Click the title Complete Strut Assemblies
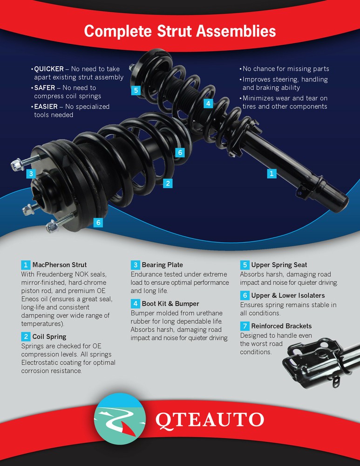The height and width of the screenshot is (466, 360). click(180, 31)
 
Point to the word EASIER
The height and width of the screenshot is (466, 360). click(46, 106)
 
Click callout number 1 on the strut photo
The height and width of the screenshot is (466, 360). click(272, 173)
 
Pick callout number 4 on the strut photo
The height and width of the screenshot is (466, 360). click(208, 103)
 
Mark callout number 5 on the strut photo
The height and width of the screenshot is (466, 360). click(136, 90)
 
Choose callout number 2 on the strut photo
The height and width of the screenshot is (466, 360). click(168, 183)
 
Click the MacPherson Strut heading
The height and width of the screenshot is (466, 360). click(59, 265)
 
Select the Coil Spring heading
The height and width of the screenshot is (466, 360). click(49, 336)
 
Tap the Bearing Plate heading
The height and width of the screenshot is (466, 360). click(162, 265)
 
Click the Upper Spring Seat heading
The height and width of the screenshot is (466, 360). click(279, 265)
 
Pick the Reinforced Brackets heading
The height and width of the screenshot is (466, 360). click(281, 326)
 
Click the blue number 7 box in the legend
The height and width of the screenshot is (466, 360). click(245, 326)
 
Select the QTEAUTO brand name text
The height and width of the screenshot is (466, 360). click(209, 419)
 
